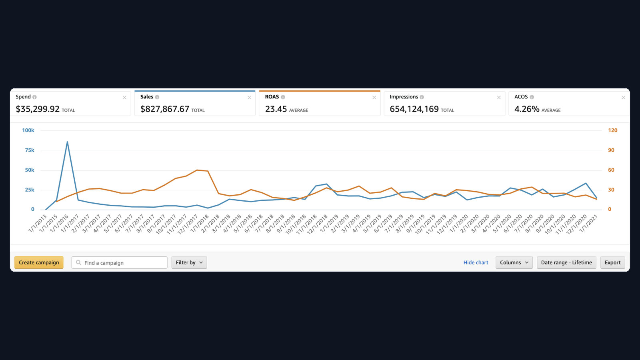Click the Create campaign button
pos(39,262)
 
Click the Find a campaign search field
pos(120,262)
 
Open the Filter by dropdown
pos(189,262)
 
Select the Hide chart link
pos(476,262)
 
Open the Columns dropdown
pos(514,262)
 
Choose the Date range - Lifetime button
pos(566,262)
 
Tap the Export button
pos(612,262)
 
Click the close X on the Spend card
pos(124,98)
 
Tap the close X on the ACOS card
pos(624,98)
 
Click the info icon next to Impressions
pos(422,97)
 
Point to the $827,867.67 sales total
pos(164,109)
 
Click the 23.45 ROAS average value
pos(276,109)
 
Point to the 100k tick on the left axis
pos(28,130)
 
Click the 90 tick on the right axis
pos(611,150)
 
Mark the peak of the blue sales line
pos(67,142)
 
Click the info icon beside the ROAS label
pos(283,97)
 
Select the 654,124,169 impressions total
pos(414,109)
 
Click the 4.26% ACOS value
pos(527,109)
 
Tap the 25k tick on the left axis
pos(30,190)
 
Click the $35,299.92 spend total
pos(38,109)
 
